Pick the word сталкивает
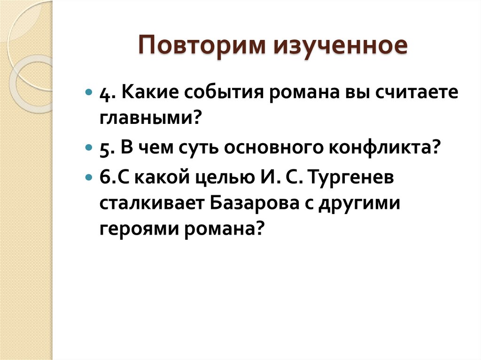150,205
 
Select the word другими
361,205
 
